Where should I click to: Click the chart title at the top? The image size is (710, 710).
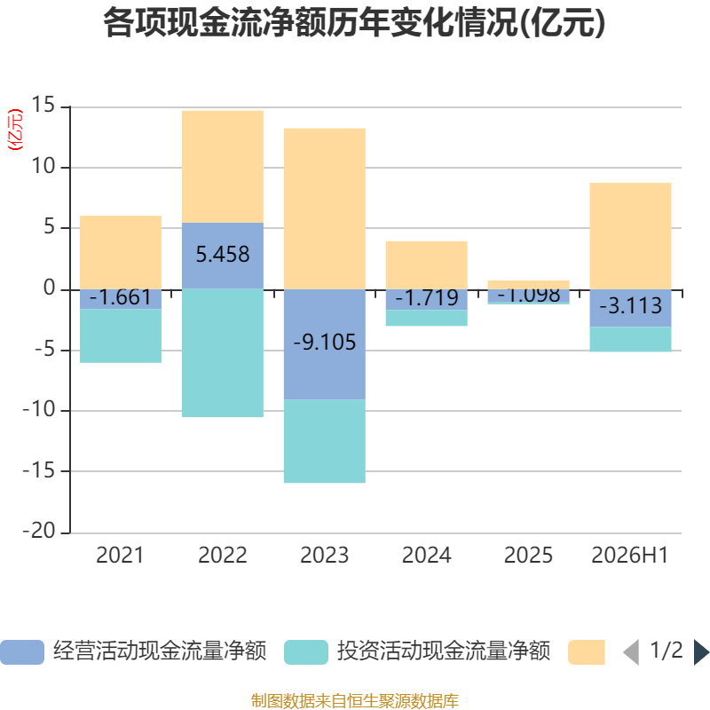pos(354,23)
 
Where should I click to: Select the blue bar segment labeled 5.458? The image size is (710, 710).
pos(223,256)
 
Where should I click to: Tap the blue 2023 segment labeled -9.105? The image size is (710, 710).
pos(325,344)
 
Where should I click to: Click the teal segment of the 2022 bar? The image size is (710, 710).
pos(223,353)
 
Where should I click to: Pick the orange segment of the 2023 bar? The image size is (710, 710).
pos(325,209)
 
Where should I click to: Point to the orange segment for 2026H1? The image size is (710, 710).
pos(630,236)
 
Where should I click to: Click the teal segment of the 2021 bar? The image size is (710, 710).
pos(121,336)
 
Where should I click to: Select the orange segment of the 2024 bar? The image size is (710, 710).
pos(427,265)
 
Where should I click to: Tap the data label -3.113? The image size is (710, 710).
pos(630,305)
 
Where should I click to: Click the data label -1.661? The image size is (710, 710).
pos(121,297)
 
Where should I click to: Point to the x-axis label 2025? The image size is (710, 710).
pos(528,556)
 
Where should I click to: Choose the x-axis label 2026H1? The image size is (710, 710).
pos(630,556)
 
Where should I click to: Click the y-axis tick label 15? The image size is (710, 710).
pos(43,105)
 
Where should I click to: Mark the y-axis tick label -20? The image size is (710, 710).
pos(39,530)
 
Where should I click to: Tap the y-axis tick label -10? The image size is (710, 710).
pos(39,409)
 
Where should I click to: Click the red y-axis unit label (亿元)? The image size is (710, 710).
pos(15,130)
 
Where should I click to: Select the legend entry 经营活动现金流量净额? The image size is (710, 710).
pos(134,651)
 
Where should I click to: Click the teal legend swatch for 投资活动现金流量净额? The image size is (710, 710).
pos(306,652)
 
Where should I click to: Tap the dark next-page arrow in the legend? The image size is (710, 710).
pos(701,652)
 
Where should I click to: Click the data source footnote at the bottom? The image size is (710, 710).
pos(355,700)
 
